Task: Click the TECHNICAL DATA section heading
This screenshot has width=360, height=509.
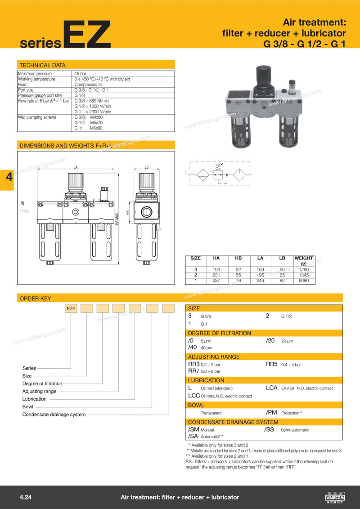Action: (42, 65)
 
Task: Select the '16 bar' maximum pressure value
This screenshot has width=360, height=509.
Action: (81, 74)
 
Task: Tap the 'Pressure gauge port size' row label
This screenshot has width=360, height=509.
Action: (40, 95)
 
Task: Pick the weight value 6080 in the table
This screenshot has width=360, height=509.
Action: (303, 281)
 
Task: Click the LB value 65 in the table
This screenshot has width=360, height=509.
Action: (282, 275)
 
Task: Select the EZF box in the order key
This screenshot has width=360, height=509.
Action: (72, 308)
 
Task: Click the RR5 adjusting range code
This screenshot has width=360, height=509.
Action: (271, 364)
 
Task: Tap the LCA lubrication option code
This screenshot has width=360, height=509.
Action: (272, 388)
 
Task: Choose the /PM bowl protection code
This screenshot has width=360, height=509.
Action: (271, 412)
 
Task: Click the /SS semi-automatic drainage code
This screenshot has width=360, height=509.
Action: (270, 430)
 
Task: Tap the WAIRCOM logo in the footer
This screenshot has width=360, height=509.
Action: (334, 497)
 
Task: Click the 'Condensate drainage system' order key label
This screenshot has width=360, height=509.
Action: (54, 414)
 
